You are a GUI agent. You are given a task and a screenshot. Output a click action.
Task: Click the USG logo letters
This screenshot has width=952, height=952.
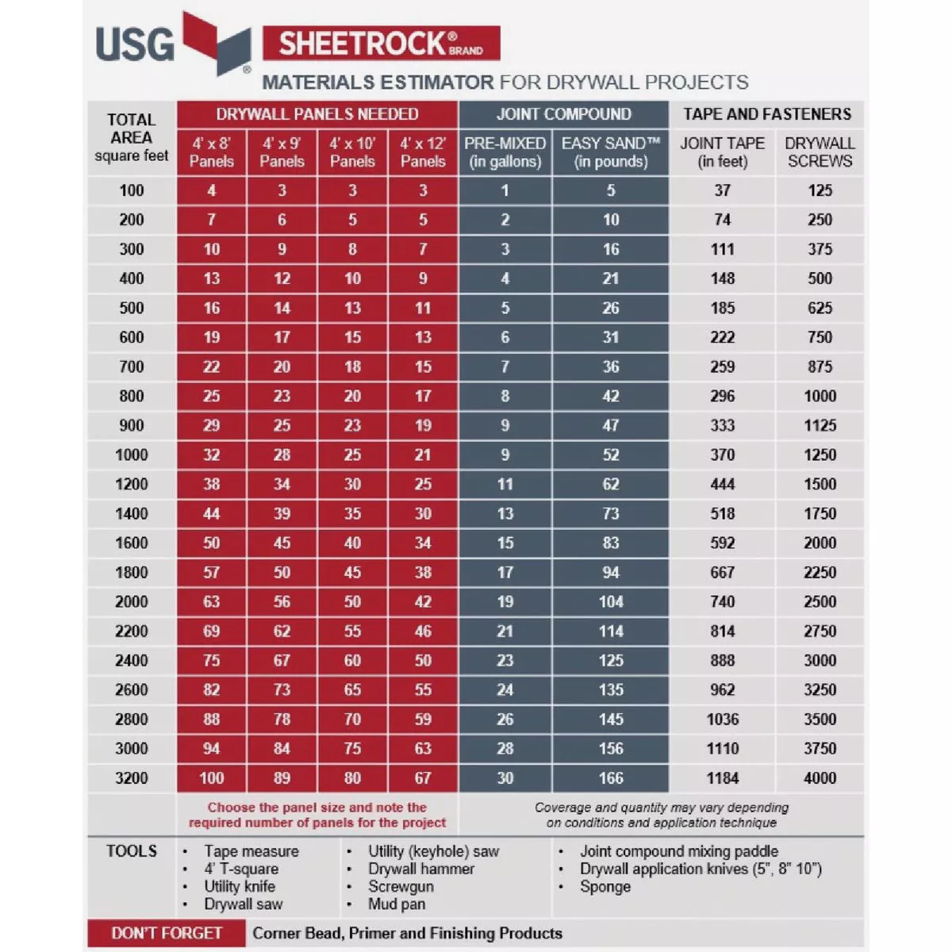(135, 44)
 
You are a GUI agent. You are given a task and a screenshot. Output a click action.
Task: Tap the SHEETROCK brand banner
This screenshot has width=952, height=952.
(381, 44)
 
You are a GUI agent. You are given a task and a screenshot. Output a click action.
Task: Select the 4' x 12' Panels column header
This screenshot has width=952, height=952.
(423, 152)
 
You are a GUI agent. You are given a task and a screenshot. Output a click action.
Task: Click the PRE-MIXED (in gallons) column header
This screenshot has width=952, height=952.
(505, 152)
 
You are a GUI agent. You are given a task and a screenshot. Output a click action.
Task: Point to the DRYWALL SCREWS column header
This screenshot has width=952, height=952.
(820, 152)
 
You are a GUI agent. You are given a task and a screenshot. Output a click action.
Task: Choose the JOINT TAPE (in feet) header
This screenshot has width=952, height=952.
(722, 152)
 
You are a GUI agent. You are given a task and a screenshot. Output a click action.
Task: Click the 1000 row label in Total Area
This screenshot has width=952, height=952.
(132, 455)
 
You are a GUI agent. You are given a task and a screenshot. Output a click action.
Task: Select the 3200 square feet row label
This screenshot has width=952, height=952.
(132, 778)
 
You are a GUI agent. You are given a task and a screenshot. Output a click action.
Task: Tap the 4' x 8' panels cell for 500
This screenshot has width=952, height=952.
(211, 308)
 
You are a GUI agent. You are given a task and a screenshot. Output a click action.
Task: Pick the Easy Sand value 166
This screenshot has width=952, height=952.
(611, 778)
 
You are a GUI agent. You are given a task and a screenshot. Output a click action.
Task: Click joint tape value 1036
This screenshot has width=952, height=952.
(722, 720)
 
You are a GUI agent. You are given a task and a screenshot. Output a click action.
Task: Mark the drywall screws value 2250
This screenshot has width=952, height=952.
(820, 572)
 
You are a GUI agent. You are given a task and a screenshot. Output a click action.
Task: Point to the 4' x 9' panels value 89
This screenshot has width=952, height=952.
(282, 778)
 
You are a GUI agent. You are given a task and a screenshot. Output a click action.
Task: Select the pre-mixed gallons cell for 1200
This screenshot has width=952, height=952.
(505, 484)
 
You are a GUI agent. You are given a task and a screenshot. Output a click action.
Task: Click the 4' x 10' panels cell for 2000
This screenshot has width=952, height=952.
(352, 601)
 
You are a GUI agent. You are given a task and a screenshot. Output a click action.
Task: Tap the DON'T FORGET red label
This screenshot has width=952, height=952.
(167, 934)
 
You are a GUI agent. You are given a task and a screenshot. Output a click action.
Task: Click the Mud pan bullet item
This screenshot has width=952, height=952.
(396, 904)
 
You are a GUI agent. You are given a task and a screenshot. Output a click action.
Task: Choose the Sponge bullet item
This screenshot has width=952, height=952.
(605, 886)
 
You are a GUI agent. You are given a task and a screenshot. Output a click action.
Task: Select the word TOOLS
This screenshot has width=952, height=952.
(132, 851)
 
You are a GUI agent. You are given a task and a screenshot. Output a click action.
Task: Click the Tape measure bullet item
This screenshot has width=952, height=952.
(251, 851)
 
